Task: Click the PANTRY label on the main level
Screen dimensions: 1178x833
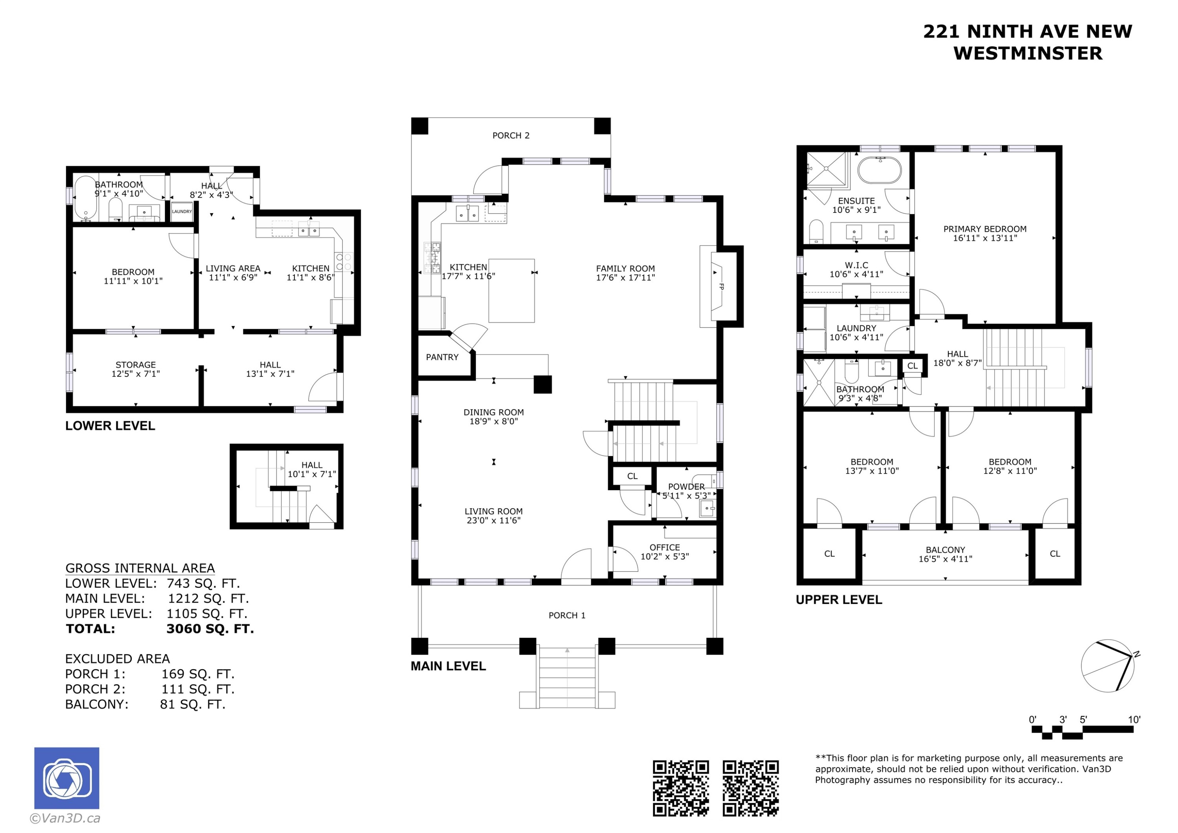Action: click(442, 357)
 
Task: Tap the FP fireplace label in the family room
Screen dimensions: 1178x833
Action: click(721, 287)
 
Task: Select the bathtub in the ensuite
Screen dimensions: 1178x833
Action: click(880, 170)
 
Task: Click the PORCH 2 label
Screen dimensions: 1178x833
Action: click(510, 135)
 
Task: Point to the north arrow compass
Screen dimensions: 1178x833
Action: click(1108, 666)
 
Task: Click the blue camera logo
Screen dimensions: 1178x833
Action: click(67, 778)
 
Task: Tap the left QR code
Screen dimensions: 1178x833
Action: click(680, 788)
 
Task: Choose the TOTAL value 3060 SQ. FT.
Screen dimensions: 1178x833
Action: click(210, 629)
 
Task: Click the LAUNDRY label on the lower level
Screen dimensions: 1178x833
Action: click(182, 211)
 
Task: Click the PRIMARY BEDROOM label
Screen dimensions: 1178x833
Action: click(984, 229)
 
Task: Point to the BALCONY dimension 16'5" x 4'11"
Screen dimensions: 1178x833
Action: click(945, 559)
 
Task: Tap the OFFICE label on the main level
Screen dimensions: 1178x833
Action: click(664, 547)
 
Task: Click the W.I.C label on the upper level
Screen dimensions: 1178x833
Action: click(856, 265)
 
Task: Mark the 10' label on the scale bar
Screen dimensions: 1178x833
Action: click(1134, 719)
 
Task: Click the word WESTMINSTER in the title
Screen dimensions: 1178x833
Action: click(1028, 53)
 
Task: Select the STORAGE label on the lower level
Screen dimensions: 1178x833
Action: click(135, 365)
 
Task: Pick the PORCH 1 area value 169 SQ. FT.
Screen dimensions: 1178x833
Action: click(198, 674)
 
